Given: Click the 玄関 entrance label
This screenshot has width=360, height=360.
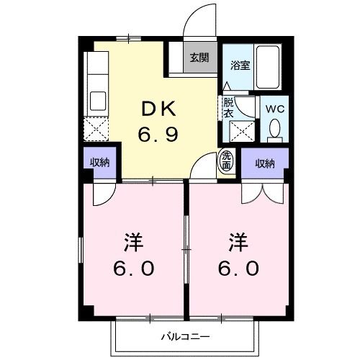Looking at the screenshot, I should click(x=199, y=58).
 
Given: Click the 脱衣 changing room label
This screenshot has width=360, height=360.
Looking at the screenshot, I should click(x=228, y=107).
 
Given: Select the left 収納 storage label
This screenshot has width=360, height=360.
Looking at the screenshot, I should click(x=99, y=163).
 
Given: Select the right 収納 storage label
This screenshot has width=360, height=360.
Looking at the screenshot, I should click(x=265, y=163).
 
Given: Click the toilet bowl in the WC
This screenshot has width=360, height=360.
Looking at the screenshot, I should click(x=274, y=130).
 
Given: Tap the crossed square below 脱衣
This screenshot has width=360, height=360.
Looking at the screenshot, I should click(x=239, y=132).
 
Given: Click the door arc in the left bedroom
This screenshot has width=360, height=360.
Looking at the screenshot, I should click(x=102, y=191).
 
